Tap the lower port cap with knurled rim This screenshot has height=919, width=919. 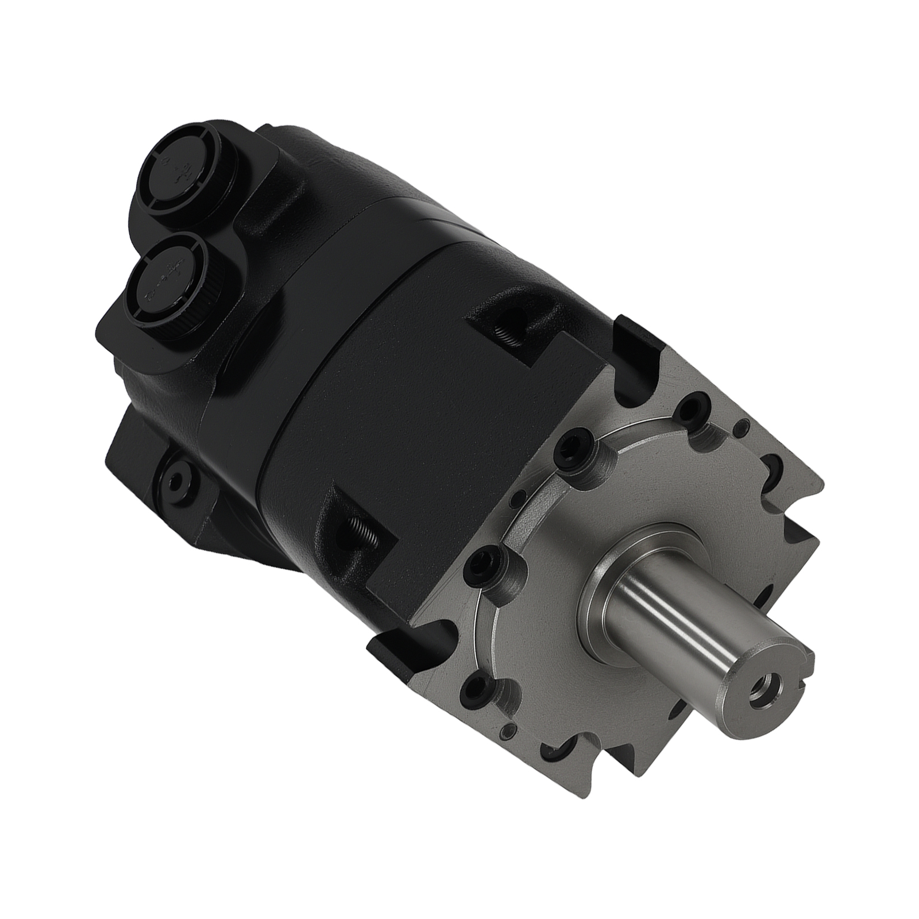coord(167,272)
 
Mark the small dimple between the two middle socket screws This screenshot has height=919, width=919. coord(520,492)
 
